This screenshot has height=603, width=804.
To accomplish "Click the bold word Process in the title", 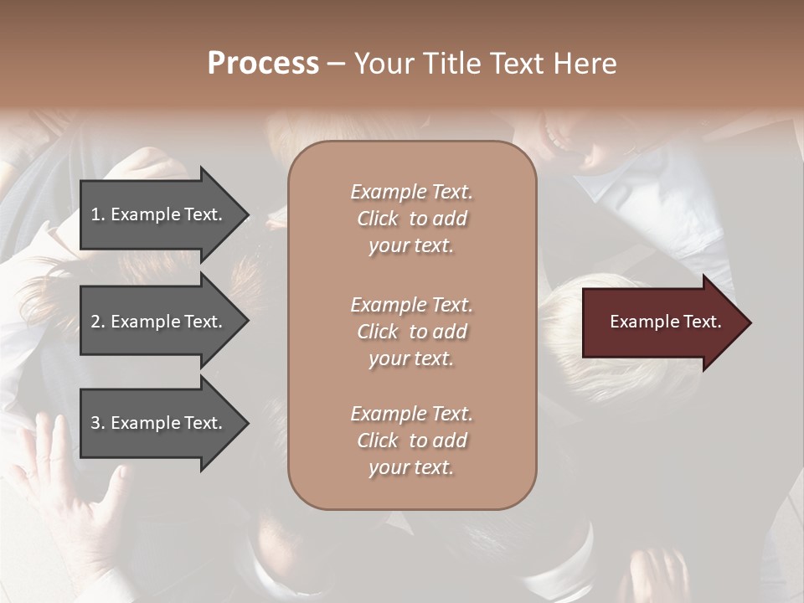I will coord(263,64).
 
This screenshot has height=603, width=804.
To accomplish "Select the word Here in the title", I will coord(586,64).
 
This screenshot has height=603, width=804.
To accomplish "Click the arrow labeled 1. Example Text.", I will coord(159,214).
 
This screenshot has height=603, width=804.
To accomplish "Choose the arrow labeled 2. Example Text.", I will coord(159,322).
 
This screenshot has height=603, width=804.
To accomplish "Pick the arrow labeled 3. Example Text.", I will coord(159,423).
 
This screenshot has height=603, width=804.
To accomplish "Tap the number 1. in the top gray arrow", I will coord(97,214).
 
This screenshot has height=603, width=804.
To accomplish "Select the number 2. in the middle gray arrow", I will coord(97,322).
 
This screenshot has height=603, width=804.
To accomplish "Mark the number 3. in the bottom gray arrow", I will coord(97,423).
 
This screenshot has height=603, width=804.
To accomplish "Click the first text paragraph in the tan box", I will coord(411,219).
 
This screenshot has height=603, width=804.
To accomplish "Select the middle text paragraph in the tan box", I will coord(411,332).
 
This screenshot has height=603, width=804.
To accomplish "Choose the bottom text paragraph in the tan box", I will coord(411,441).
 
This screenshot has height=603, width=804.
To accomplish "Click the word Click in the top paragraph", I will coord(378,219).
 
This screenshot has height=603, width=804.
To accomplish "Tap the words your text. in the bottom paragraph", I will coord(411,467).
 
